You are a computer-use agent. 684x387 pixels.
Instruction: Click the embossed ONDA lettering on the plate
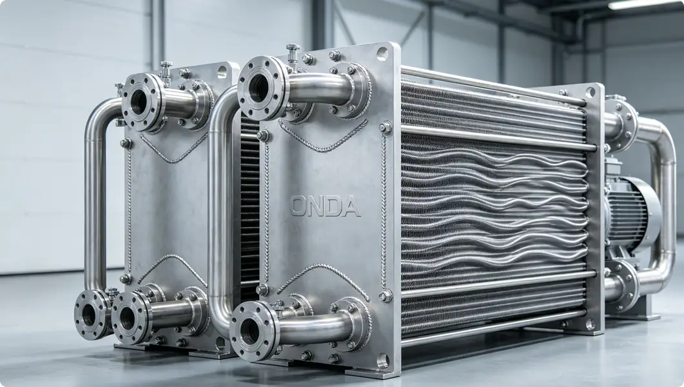(326, 206)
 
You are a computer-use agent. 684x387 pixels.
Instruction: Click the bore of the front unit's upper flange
(259, 88)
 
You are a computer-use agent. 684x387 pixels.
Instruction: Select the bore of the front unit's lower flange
(249, 332)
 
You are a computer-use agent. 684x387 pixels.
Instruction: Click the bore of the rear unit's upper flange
(139, 103)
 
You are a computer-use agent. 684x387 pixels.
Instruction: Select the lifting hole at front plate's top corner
(382, 54)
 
